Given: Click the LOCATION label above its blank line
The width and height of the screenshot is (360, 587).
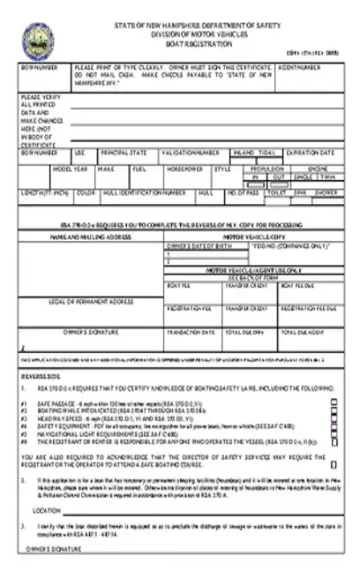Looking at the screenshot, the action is coord(46,511).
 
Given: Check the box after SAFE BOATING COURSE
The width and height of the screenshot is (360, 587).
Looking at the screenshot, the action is coord(333,462).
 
